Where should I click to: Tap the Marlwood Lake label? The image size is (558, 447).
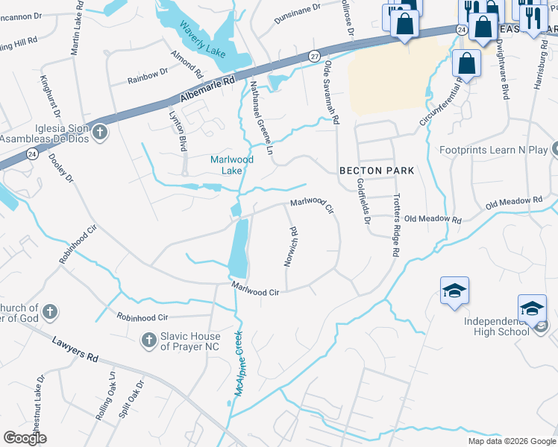click(x=232, y=165)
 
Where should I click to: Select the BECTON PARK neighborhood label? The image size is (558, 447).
click(x=377, y=171)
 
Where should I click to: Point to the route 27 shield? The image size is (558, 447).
click(x=315, y=56)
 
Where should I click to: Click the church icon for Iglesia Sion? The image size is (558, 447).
click(x=100, y=133)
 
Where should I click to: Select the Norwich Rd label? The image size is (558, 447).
click(x=292, y=247)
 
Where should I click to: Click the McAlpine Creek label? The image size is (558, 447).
click(x=239, y=363)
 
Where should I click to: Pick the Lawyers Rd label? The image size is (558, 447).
click(x=75, y=348)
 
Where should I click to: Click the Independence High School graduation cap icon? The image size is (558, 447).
click(x=533, y=308)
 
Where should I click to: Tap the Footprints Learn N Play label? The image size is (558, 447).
click(x=503, y=150)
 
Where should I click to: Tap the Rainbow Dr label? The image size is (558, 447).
click(x=147, y=74)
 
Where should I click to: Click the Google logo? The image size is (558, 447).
click(x=25, y=438)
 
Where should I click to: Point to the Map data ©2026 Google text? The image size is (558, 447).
click(x=511, y=441)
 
